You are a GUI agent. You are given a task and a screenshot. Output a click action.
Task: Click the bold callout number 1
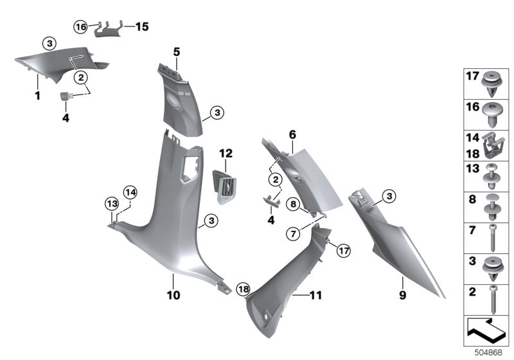[x=37, y=97]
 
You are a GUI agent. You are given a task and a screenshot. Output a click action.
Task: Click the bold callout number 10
[x=173, y=296]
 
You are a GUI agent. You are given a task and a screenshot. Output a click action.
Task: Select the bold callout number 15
[x=141, y=27]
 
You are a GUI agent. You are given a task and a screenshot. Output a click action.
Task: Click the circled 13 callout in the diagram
[x=111, y=204]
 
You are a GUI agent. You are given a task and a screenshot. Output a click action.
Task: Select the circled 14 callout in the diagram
[x=130, y=192]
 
